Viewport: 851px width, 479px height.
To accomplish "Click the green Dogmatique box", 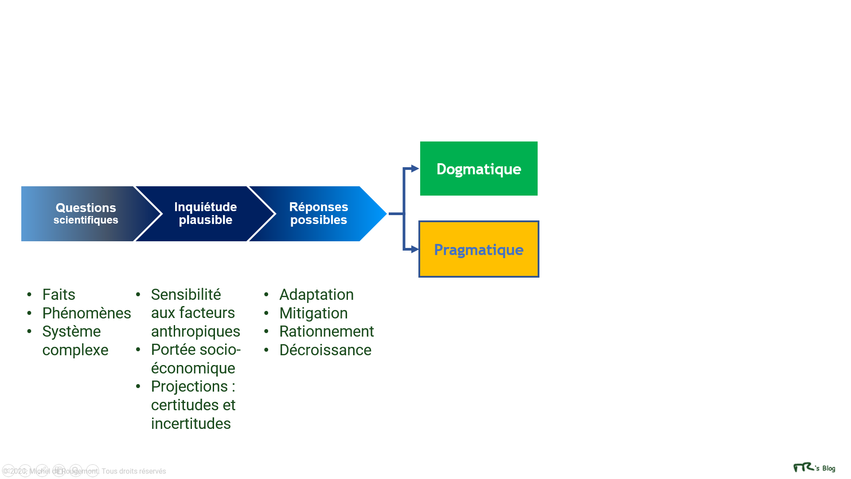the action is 479,169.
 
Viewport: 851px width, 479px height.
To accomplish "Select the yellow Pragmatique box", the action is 479,249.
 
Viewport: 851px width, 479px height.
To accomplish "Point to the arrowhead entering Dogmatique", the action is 415,169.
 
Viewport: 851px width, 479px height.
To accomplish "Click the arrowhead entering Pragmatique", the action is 415,249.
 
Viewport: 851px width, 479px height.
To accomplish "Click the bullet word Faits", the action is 59,294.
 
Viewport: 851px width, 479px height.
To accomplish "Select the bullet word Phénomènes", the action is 87,313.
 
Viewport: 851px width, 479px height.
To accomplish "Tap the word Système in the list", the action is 71,332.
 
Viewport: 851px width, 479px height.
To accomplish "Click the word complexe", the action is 75,350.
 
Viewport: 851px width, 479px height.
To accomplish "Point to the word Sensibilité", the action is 186,294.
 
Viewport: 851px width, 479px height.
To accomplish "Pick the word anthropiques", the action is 195,332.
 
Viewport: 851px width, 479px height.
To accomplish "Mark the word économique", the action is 193,369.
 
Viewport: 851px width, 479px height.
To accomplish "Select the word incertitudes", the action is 191,424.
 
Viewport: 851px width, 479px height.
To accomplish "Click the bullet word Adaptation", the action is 316,295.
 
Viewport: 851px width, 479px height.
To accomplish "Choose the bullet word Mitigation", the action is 313,314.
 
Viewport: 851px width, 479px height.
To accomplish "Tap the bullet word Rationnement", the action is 327,332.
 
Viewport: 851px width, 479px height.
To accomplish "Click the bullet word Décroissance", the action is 325,350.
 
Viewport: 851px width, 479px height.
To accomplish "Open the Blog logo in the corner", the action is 814,468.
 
